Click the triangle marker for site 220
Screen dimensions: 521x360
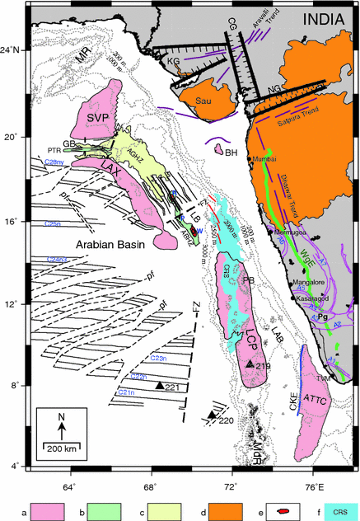[x=212, y=415]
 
